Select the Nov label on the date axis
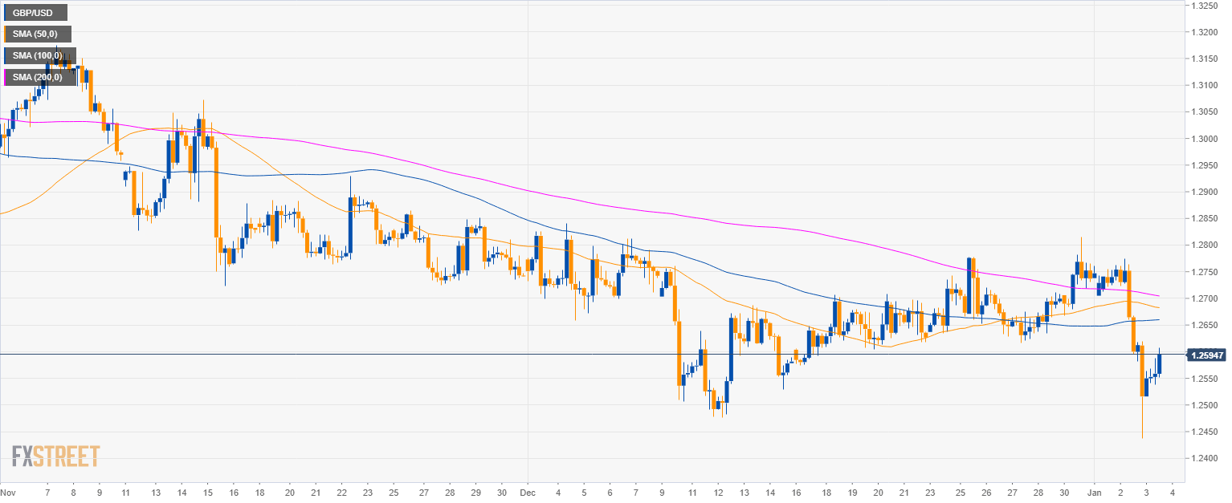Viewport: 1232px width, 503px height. click(8, 491)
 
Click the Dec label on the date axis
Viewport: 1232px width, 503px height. click(528, 491)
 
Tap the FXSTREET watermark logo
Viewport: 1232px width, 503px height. click(56, 456)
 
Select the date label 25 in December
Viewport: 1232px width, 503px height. click(961, 491)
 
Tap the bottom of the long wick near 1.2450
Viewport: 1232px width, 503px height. click(1142, 438)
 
